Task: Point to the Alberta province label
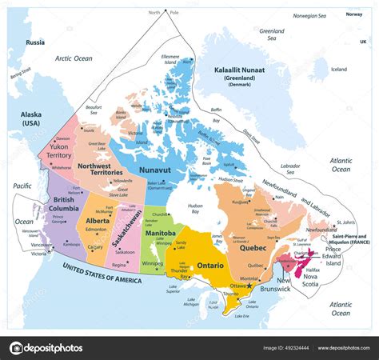coord(98,220)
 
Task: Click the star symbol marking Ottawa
coord(250,286)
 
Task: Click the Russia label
coord(34,42)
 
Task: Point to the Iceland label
coord(338,69)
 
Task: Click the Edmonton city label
coord(96,230)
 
